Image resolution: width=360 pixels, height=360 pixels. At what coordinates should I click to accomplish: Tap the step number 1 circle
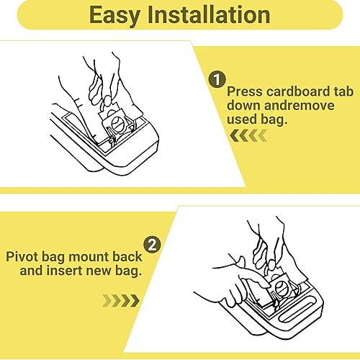216,79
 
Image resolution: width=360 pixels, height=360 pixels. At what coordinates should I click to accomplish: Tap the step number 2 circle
152,244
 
